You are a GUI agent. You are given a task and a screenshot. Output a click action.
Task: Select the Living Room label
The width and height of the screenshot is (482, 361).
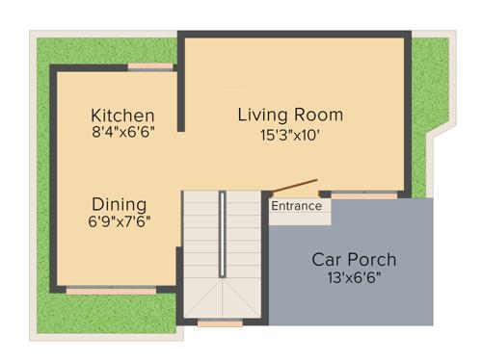click(290, 115)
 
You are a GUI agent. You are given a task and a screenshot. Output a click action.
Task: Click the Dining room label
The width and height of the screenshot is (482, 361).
click(120, 204)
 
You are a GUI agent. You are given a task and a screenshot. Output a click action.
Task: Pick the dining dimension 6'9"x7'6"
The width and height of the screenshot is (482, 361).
click(120, 221)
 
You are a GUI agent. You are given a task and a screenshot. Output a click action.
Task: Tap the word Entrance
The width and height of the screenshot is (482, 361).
click(296, 206)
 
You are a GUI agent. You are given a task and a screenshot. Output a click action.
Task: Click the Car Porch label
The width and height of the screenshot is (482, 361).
click(354, 260)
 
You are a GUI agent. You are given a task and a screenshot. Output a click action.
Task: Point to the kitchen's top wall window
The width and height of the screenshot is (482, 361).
click(151, 66)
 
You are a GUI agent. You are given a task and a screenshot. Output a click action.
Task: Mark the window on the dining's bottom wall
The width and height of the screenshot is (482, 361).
click(111, 289)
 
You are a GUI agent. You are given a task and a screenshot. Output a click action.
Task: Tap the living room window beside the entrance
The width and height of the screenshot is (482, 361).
click(364, 195)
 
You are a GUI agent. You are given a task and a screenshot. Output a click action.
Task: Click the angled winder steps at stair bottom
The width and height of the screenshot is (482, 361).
click(222, 297)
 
